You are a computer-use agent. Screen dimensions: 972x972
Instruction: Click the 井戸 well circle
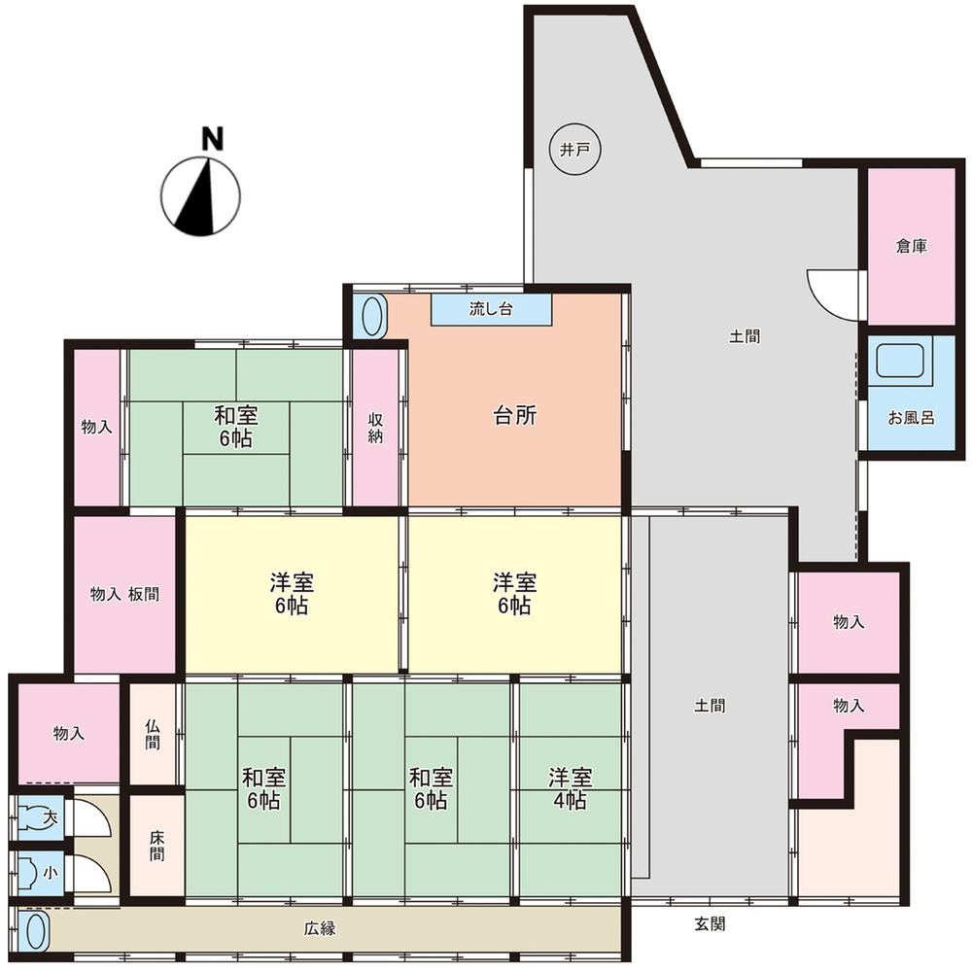click(x=575, y=150)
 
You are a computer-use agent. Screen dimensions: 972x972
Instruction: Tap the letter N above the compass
click(x=212, y=139)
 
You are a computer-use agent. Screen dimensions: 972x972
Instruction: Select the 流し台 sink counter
click(x=491, y=309)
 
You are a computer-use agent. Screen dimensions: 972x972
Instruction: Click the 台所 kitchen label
click(x=514, y=415)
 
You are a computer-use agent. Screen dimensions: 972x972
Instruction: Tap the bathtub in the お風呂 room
click(x=900, y=361)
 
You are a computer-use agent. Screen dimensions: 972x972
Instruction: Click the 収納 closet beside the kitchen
click(x=375, y=428)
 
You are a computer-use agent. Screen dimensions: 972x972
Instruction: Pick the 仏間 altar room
click(x=154, y=734)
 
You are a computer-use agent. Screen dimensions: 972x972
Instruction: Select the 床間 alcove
click(x=156, y=846)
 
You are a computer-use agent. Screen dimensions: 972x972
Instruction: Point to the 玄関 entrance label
click(x=710, y=924)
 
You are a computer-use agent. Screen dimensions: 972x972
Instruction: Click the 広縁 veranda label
click(x=320, y=928)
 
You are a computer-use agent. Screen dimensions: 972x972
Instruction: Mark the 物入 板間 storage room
click(x=124, y=595)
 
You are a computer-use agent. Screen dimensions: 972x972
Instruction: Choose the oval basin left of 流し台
click(x=370, y=317)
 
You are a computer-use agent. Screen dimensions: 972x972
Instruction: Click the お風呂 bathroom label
click(x=912, y=418)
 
